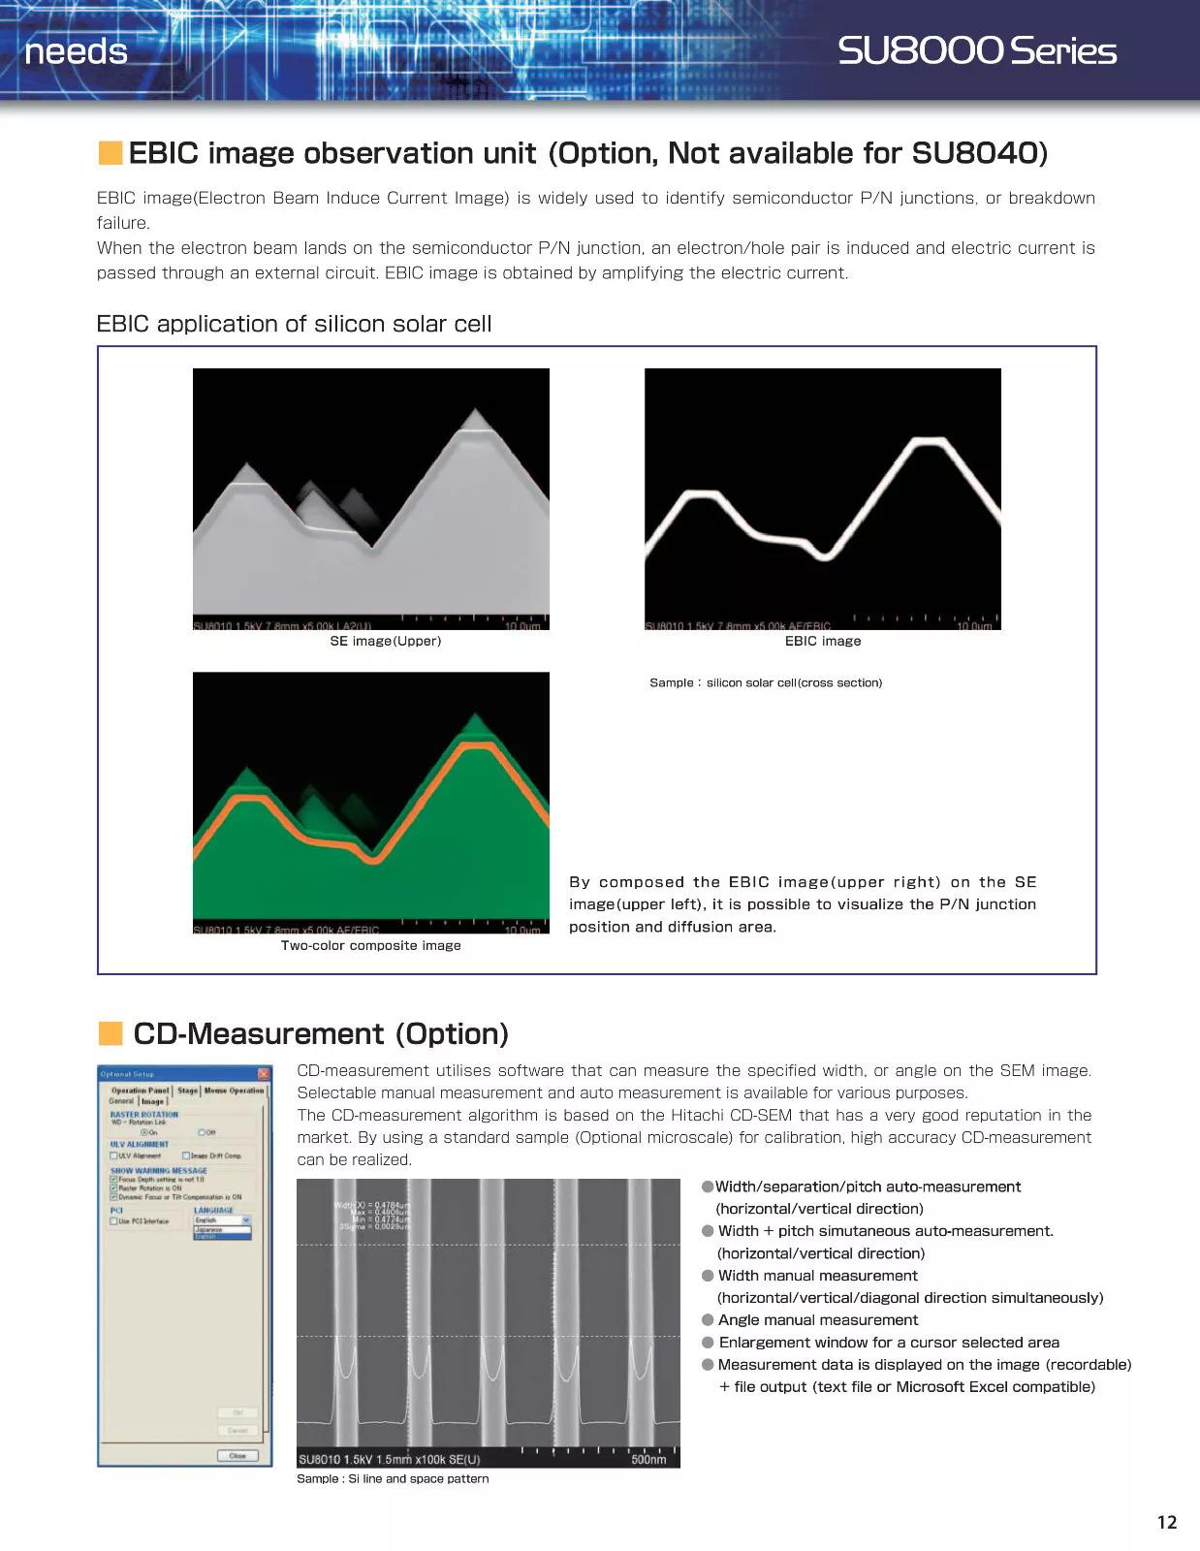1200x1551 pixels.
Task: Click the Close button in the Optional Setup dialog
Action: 237,1455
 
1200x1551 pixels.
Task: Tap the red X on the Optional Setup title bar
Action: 264,1073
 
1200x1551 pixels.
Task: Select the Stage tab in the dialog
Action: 187,1091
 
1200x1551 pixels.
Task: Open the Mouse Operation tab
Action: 234,1091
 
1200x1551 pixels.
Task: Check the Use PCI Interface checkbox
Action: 114,1221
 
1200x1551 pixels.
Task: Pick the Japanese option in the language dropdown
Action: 209,1229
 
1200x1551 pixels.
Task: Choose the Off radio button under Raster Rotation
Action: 202,1132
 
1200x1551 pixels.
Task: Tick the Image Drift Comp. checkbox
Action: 186,1155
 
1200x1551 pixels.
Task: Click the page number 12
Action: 1167,1522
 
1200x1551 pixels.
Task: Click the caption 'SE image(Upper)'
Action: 385,641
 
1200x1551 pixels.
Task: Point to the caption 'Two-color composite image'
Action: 370,945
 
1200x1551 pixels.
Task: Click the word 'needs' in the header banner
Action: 76,51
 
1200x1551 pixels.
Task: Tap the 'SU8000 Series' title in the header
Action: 976,51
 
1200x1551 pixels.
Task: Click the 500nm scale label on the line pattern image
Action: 648,1459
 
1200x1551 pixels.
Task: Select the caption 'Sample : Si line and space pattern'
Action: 393,1478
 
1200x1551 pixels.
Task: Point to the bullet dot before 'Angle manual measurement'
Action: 709,1320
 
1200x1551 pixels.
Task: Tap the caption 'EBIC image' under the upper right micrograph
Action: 822,641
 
